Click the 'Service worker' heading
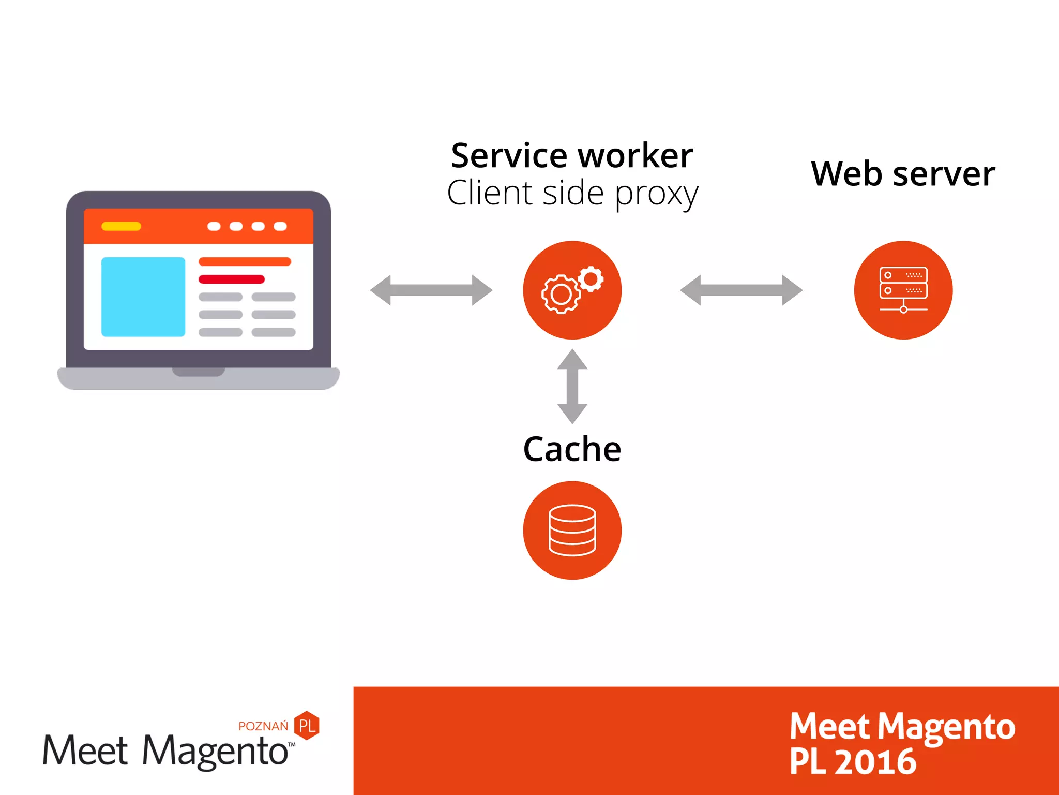pyautogui.click(x=572, y=155)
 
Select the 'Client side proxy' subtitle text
pyautogui.click(x=572, y=193)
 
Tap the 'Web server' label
pyautogui.click(x=903, y=173)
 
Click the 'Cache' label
pyautogui.click(x=572, y=449)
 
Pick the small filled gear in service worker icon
pyautogui.click(x=591, y=279)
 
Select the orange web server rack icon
pyautogui.click(x=903, y=290)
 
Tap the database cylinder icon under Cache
pyautogui.click(x=572, y=530)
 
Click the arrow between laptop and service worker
pyautogui.click(x=431, y=290)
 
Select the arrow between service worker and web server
pyautogui.click(x=741, y=290)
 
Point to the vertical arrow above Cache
pyautogui.click(x=572, y=386)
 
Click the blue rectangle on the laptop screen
pyautogui.click(x=143, y=297)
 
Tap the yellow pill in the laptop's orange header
pyautogui.click(x=121, y=226)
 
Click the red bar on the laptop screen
pyautogui.click(x=232, y=279)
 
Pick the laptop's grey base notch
pyautogui.click(x=199, y=372)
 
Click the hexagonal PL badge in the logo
pyautogui.click(x=307, y=725)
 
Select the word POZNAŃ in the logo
pyautogui.click(x=263, y=726)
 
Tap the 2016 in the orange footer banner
pyautogui.click(x=875, y=762)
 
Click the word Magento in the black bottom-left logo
pyautogui.click(x=215, y=751)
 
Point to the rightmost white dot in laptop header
pyautogui.click(x=280, y=226)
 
